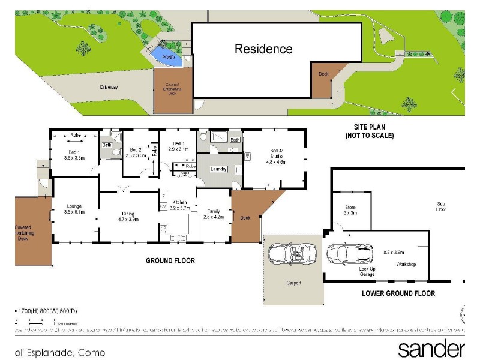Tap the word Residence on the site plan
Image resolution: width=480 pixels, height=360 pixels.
(263, 49)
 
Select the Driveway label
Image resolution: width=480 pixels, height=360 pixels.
(109, 87)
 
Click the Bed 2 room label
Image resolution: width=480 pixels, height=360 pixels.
(137, 152)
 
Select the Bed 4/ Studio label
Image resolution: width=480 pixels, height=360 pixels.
(277, 156)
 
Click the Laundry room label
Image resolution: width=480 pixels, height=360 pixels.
(218, 169)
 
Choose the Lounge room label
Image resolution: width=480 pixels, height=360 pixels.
(74, 209)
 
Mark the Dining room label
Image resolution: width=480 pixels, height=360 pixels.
(128, 217)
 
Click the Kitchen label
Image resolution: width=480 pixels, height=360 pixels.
(180, 205)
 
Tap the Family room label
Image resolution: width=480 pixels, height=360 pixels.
(213, 214)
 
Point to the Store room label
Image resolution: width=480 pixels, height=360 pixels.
(350, 209)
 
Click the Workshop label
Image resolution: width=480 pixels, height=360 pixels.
(406, 265)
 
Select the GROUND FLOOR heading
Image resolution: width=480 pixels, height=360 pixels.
(170, 261)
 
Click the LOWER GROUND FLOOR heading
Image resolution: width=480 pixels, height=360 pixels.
(398, 293)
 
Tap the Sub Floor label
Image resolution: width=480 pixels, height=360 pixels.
(441, 207)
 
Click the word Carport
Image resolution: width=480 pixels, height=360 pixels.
(293, 283)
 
